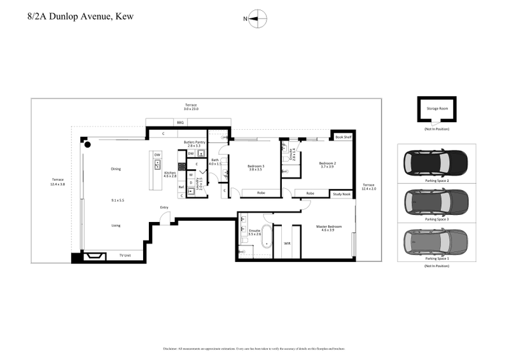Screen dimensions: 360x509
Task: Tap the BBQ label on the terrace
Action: pos(179,122)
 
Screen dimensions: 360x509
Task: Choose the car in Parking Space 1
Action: pos(437,240)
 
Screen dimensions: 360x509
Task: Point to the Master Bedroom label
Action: pos(329,226)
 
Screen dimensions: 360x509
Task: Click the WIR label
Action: pos(287,242)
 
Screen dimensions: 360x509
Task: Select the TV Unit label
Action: pos(125,255)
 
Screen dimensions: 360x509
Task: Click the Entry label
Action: pos(164,207)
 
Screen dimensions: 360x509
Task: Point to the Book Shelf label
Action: pos(342,137)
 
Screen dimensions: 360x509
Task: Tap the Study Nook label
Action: pos(342,193)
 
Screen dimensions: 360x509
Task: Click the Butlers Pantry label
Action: pos(194,144)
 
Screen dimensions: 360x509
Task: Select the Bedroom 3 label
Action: pos(256,167)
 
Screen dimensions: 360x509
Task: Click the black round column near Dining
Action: pos(87,146)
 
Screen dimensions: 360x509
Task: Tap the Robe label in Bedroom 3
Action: pos(261,193)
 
